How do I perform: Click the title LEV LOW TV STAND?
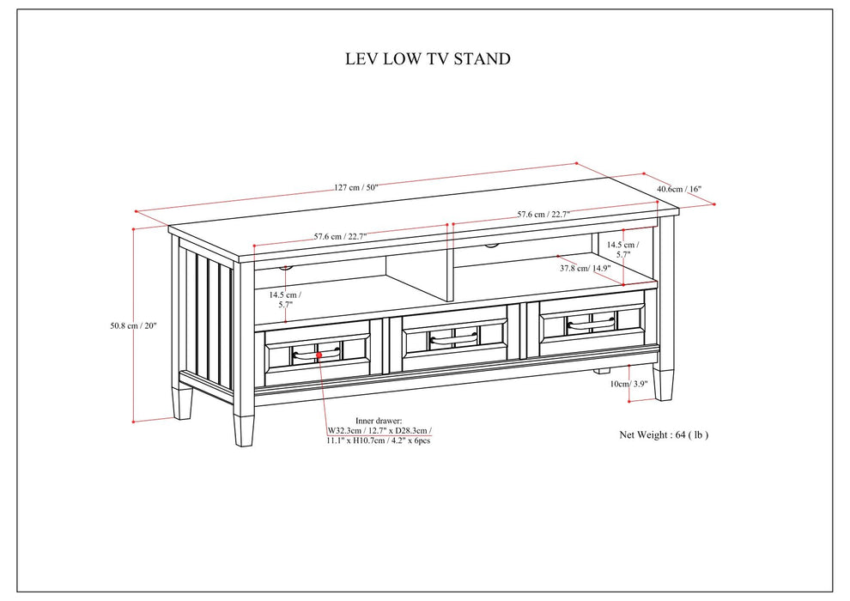pos(427,59)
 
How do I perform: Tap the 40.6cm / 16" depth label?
pos(679,189)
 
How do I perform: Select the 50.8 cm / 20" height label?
pos(133,325)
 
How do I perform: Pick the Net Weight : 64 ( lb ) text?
pos(664,435)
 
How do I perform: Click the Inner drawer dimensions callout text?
pos(379,428)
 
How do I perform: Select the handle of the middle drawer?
pos(453,337)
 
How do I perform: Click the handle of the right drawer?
pos(591,324)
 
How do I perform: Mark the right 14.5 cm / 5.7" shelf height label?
pos(622,249)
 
